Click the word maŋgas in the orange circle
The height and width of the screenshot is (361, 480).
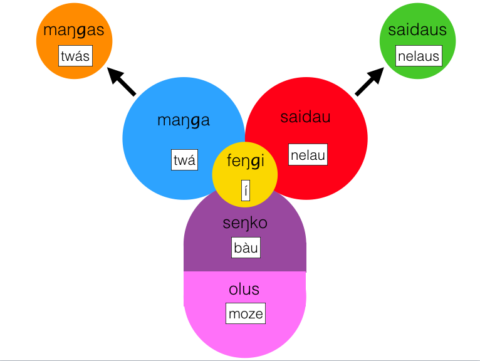pos(74,30)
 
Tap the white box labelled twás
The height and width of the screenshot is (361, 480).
pos(76,56)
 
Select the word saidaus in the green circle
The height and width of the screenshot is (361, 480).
pos(417,29)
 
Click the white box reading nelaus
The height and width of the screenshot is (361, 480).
pos(419,56)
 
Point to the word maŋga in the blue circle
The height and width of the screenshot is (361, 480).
pos(183,120)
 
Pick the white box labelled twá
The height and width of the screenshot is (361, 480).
pos(184,160)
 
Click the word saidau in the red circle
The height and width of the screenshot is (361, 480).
pos(305,117)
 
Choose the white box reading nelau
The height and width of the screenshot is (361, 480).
pos(308,154)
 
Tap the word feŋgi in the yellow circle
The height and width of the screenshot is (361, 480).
pos(246,161)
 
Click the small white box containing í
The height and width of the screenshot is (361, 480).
pos(246,190)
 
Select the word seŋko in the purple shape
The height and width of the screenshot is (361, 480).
pos(245,222)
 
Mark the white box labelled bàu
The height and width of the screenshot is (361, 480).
pos(246,248)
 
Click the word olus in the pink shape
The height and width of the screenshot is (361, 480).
pos(244,290)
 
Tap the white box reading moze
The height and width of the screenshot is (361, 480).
pos(245,313)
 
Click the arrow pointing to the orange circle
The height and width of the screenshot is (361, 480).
pos(122,82)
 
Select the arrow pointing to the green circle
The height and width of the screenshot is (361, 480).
pos(369,82)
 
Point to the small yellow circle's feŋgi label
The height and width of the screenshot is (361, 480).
pos(246,161)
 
